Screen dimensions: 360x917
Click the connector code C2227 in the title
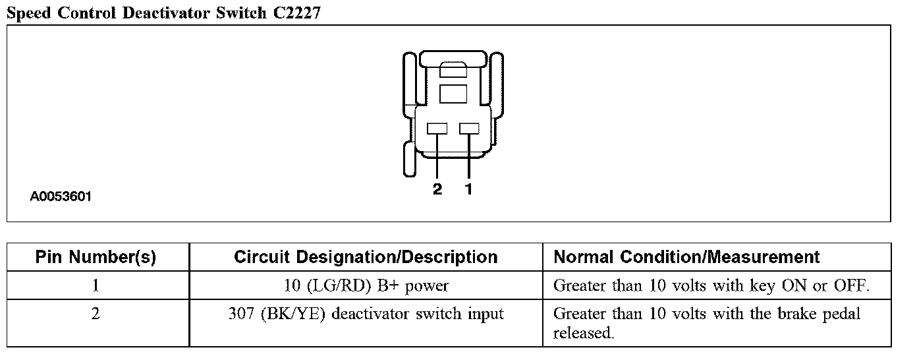pyautogui.click(x=295, y=13)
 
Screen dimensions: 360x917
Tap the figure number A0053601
pyautogui.click(x=61, y=196)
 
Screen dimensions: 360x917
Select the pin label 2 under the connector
pyautogui.click(x=437, y=190)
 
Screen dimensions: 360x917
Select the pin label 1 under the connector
pyautogui.click(x=468, y=190)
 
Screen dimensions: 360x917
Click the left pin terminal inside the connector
pyautogui.click(x=437, y=129)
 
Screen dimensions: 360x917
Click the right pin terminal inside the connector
pyautogui.click(x=468, y=129)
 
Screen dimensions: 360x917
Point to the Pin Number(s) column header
pyautogui.click(x=96, y=257)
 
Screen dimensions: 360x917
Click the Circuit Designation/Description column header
pyautogui.click(x=366, y=257)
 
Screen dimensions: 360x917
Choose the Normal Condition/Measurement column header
pyautogui.click(x=687, y=257)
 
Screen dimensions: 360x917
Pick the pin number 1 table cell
pyautogui.click(x=96, y=286)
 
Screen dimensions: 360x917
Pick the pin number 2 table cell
pyautogui.click(x=96, y=314)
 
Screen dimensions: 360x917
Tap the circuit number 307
pyautogui.click(x=242, y=314)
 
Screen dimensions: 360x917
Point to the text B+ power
pyautogui.click(x=418, y=286)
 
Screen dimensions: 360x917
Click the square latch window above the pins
pyautogui.click(x=453, y=93)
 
